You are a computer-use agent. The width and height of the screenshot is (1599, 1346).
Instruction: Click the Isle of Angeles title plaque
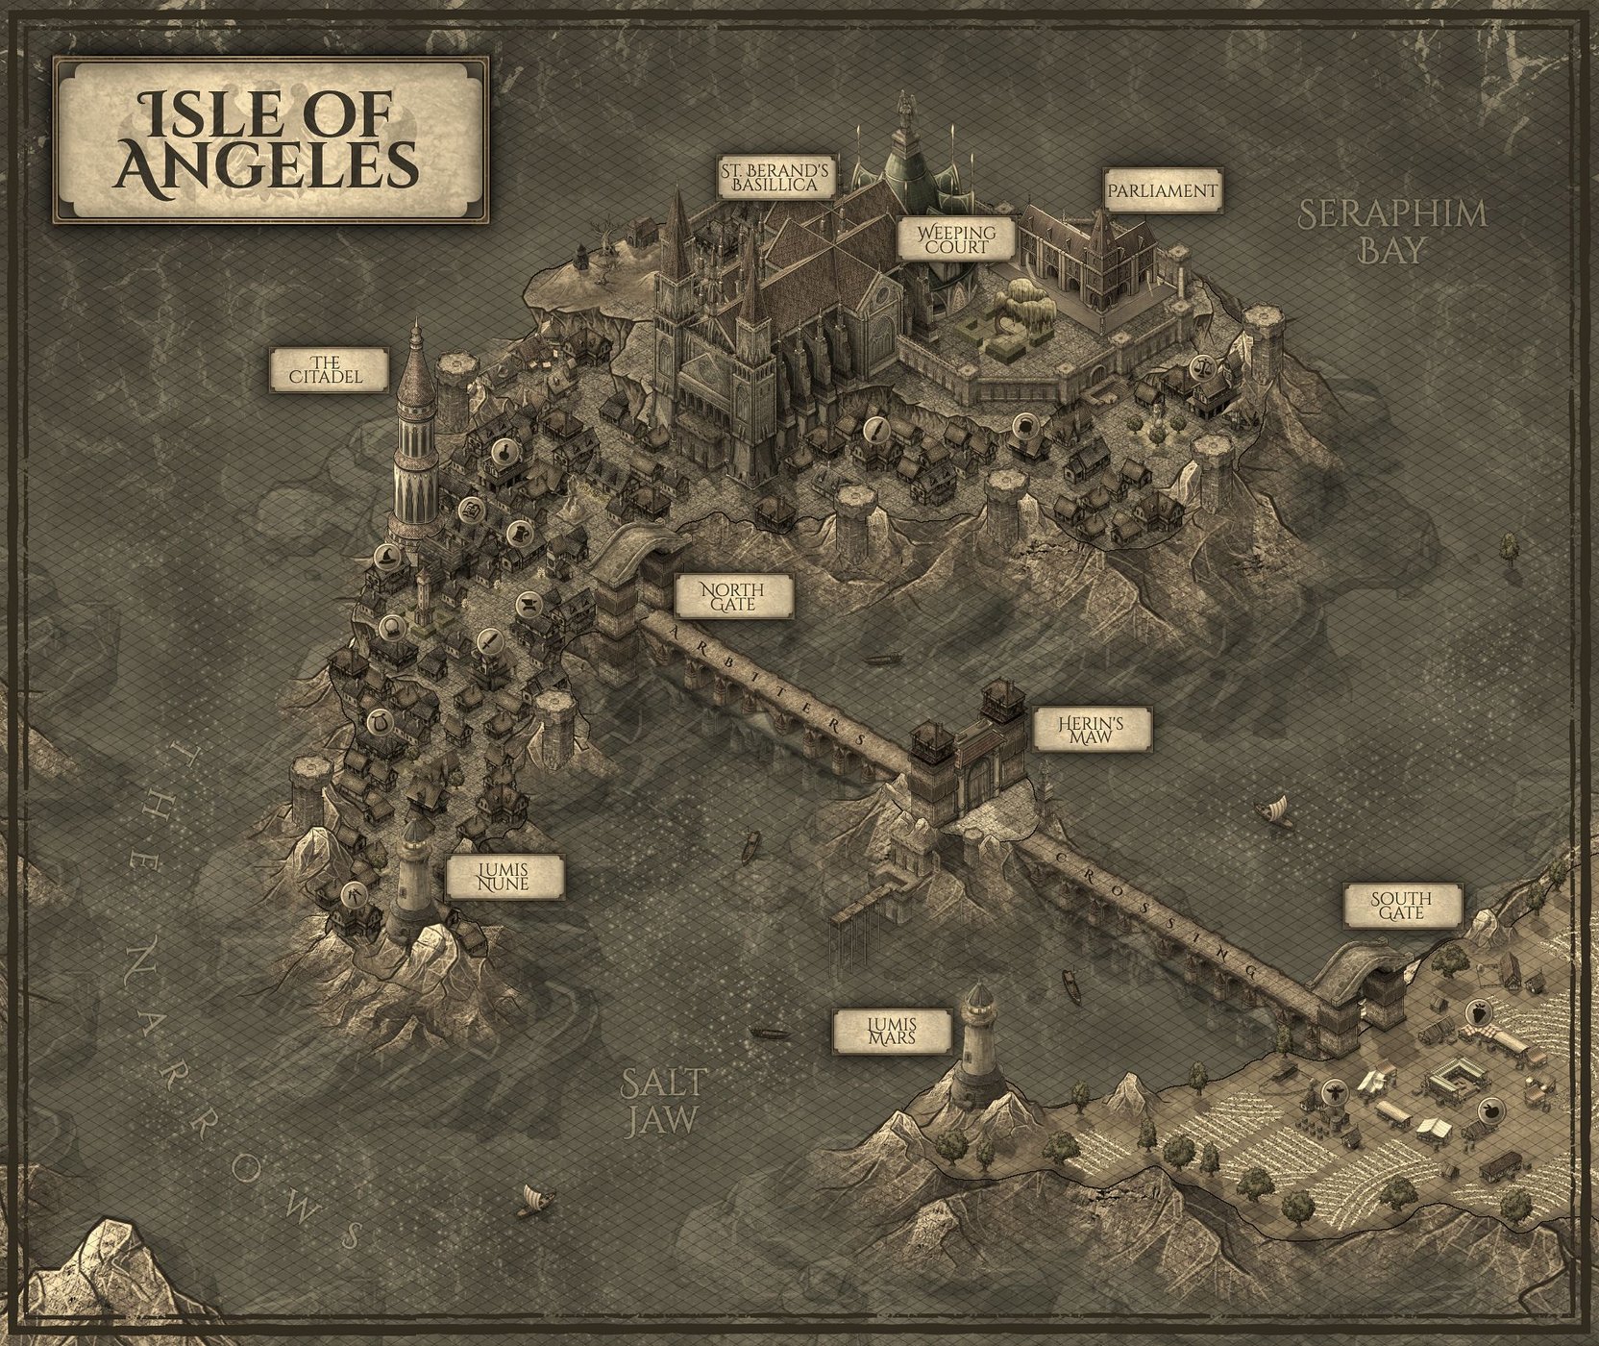[x=270, y=140]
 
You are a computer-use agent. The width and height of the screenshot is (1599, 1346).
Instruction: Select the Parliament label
[x=1161, y=190]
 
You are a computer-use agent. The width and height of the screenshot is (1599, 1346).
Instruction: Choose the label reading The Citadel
[x=327, y=368]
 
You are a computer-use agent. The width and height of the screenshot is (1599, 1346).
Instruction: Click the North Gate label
[x=733, y=596]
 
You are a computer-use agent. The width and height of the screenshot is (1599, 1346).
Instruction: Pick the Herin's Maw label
[x=1092, y=732]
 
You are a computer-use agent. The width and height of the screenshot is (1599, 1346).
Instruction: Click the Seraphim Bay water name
[x=1392, y=231]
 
